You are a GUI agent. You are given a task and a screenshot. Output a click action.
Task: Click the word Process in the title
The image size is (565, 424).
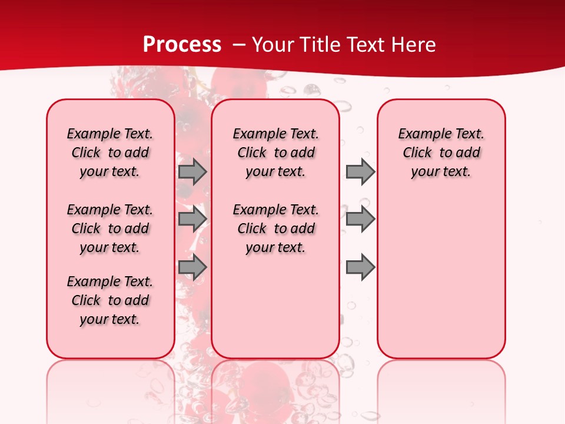[x=182, y=44]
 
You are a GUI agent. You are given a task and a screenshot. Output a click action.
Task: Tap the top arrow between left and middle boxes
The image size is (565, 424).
[x=192, y=171]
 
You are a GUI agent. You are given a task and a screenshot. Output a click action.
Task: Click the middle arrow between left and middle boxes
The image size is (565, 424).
[x=192, y=219]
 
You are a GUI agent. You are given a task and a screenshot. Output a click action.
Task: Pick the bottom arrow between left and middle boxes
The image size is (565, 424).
[x=192, y=267]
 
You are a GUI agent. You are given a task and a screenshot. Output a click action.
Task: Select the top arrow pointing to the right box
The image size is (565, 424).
[x=360, y=171]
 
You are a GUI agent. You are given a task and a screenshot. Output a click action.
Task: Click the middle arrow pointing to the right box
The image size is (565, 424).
[x=360, y=219]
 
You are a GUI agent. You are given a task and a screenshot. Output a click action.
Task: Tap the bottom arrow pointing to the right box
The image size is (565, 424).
[x=360, y=267]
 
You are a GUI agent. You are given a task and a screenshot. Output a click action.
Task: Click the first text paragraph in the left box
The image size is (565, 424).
[x=110, y=153]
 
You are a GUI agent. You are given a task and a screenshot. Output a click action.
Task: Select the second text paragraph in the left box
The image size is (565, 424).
[x=110, y=228]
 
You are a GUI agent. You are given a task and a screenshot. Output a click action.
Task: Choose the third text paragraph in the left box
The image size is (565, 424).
[x=110, y=300]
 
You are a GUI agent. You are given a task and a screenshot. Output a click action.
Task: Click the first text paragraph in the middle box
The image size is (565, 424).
[x=275, y=153]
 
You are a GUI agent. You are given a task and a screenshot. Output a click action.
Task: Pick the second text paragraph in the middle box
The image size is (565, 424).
[x=275, y=228]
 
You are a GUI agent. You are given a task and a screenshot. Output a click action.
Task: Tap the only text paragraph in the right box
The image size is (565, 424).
[x=441, y=153]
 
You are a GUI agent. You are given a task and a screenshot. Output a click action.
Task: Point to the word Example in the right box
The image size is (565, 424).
[x=423, y=134]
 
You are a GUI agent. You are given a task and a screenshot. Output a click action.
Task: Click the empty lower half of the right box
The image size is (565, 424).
[x=441, y=283]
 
